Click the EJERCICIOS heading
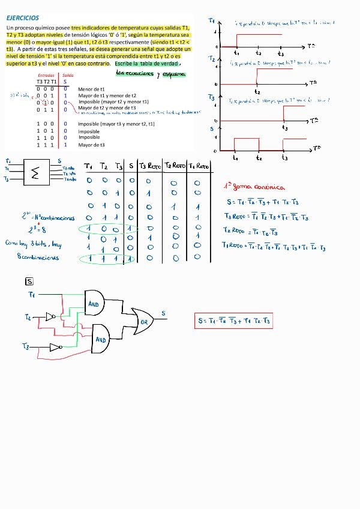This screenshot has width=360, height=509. coord(23,19)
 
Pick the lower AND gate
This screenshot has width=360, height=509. coord(100,339)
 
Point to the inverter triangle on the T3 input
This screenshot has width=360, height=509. coord(55,347)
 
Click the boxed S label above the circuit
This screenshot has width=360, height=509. coord(29,281)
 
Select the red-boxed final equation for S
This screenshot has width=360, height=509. coord(234,321)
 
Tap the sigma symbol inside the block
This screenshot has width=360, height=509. coord(35,173)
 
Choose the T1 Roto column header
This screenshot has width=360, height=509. coord(198,166)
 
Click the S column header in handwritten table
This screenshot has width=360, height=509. coord(131,166)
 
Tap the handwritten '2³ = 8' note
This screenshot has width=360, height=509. coord(37,228)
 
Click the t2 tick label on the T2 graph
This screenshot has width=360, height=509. coord(257,92)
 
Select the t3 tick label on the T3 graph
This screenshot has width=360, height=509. coord(284,128)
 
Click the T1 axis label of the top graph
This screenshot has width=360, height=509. coord(212,21)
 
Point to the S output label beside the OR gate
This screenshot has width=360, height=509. coord(163,313)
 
